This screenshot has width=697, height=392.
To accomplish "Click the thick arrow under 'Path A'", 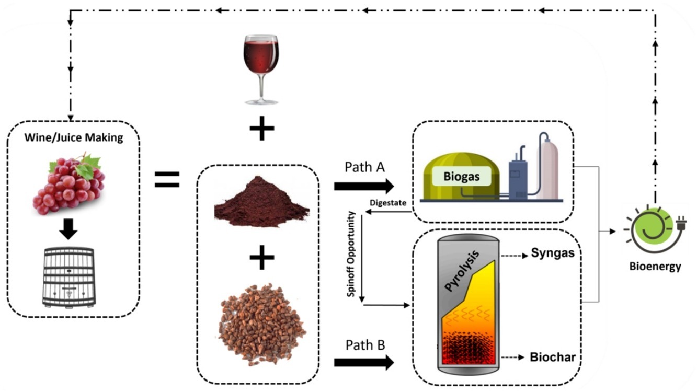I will pos(363,185).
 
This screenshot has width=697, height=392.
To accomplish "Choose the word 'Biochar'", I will pos(553,358).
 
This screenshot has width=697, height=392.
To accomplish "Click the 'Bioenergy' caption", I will pos(656,267).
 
